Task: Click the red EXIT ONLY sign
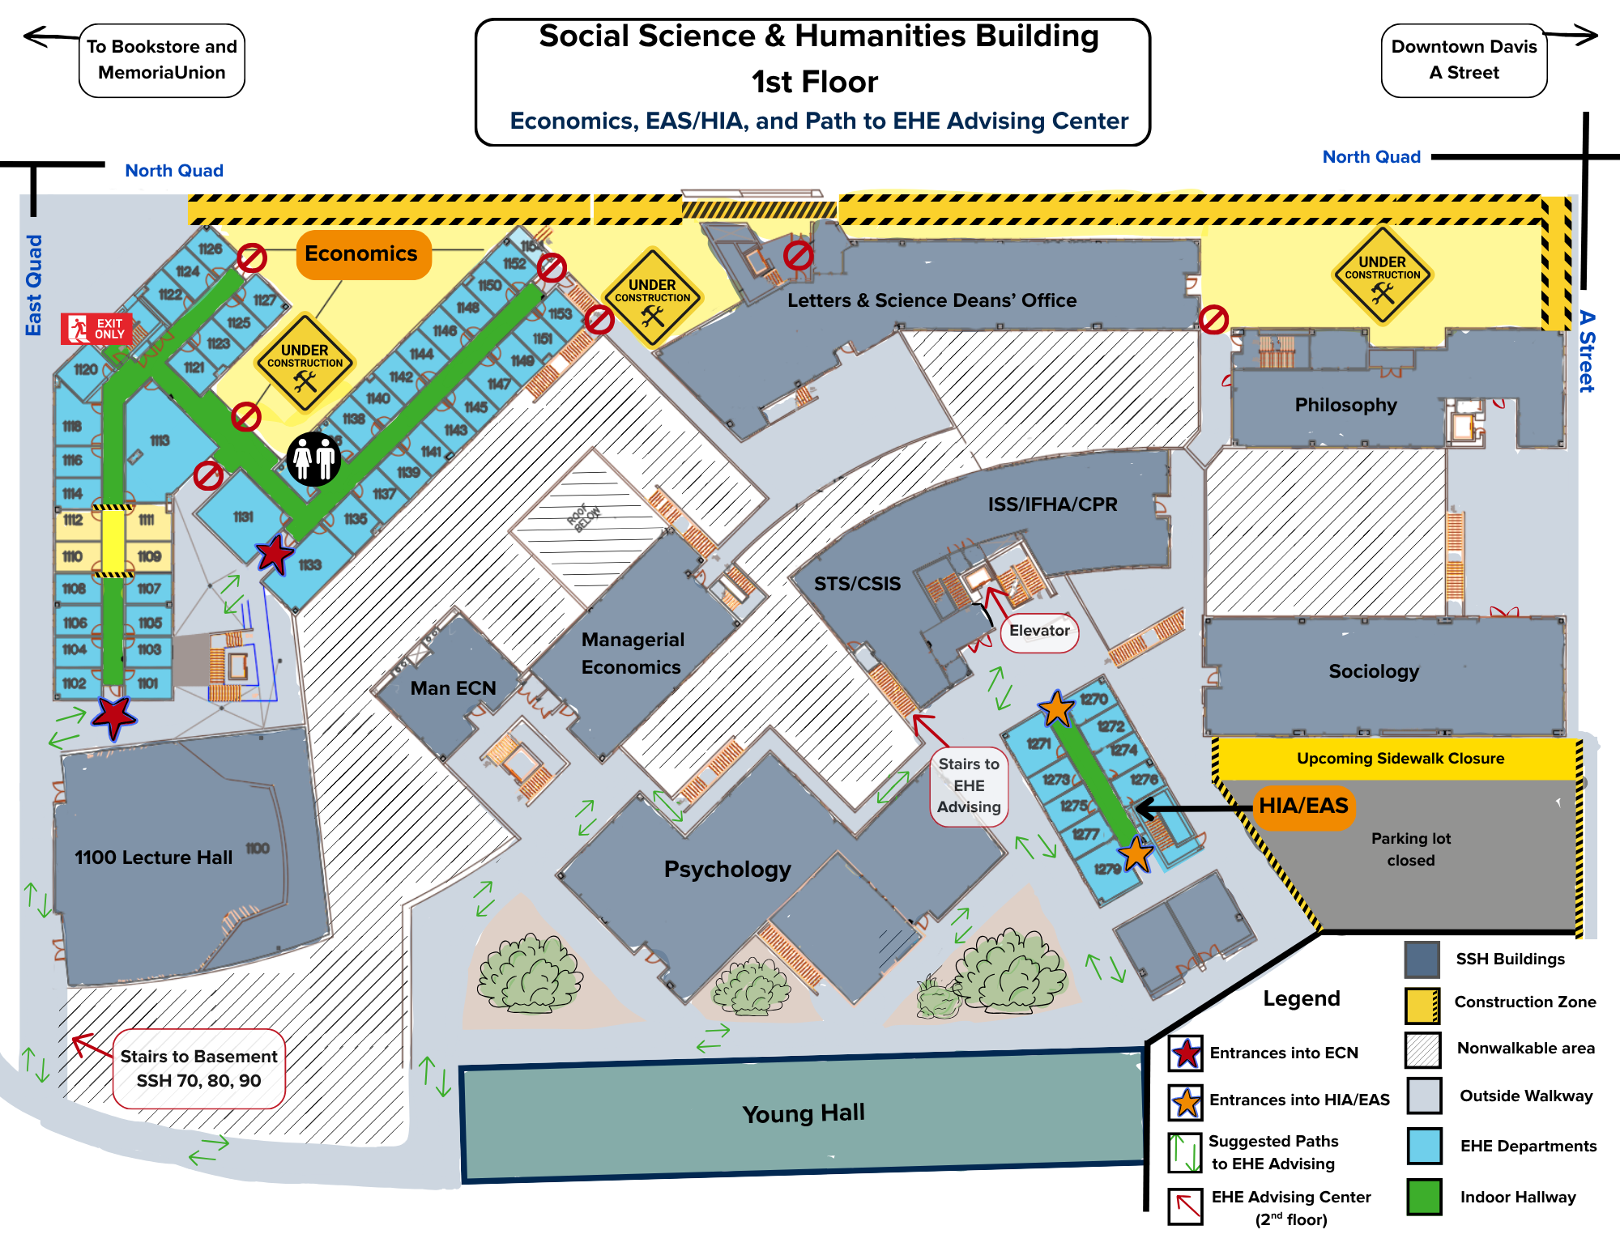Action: tap(96, 328)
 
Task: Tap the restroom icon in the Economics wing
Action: tap(314, 459)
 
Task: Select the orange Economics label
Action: tap(361, 254)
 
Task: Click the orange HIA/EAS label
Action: tap(1303, 806)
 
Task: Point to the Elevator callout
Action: tap(1039, 632)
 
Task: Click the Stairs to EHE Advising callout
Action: tap(969, 786)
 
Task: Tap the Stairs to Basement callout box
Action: tap(198, 1069)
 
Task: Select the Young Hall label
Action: tap(804, 1114)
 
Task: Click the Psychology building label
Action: tap(727, 870)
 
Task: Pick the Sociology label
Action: tap(1374, 671)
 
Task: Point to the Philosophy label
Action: tap(1345, 405)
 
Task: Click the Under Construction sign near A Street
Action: tap(1382, 275)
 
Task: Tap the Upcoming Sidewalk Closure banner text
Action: tap(1400, 759)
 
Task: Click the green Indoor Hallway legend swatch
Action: tap(1424, 1197)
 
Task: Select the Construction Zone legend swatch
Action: tap(1422, 1005)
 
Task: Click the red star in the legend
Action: tap(1187, 1053)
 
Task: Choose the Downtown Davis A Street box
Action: tap(1464, 60)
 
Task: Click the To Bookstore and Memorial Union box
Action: tap(162, 60)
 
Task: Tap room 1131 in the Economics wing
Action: tap(243, 517)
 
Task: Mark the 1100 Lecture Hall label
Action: tap(154, 857)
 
